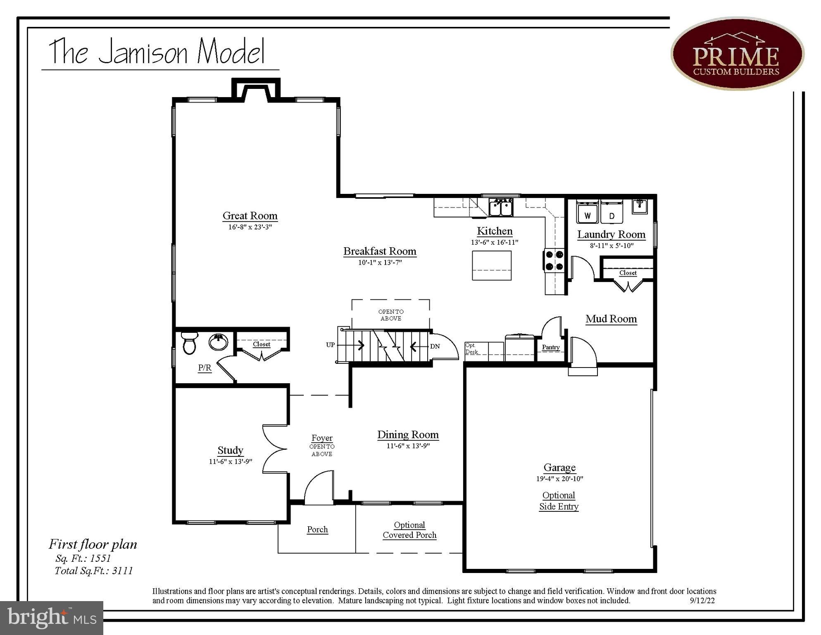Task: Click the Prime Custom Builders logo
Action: [x=737, y=54]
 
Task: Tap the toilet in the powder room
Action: [x=189, y=343]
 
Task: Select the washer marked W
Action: [x=588, y=213]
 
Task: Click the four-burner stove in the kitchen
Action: [x=554, y=260]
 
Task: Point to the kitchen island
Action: [x=492, y=265]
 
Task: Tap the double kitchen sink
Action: [x=501, y=207]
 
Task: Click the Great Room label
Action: [x=250, y=216]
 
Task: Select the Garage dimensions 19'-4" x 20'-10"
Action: [x=559, y=479]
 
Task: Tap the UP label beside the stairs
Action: [x=330, y=345]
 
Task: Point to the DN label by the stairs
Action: [x=435, y=346]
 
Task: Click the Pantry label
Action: [x=550, y=347]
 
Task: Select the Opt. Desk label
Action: [x=471, y=349]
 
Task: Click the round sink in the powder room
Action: [x=218, y=342]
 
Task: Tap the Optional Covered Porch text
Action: [x=409, y=530]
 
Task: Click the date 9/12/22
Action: [x=702, y=601]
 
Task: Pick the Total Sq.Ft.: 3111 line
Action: [x=94, y=571]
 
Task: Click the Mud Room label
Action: [x=611, y=319]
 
